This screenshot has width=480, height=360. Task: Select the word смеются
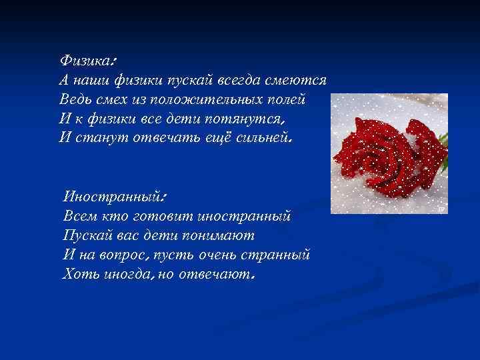pos(297,80)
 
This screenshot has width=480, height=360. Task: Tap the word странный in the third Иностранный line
pos(276,255)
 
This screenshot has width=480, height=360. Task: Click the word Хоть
pos(79,274)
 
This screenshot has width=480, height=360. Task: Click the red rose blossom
pos(384,153)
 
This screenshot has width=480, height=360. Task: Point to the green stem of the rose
pos(443,139)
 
